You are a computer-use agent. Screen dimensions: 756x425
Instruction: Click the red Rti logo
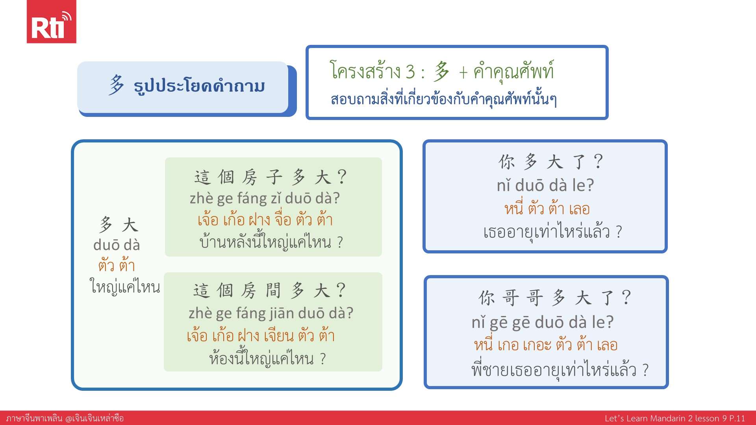pyautogui.click(x=51, y=22)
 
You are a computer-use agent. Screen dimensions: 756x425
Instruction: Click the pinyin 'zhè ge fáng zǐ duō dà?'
pyautogui.click(x=265, y=198)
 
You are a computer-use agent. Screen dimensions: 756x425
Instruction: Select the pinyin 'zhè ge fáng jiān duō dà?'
pyautogui.click(x=271, y=313)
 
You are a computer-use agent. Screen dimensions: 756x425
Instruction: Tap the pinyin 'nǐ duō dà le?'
pyautogui.click(x=545, y=185)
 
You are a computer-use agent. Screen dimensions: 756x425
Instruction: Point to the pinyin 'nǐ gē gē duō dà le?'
pyautogui.click(x=543, y=322)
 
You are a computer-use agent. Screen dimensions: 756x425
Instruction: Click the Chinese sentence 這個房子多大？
pyautogui.click(x=271, y=177)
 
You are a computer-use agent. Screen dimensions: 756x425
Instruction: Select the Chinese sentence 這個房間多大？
pyautogui.click(x=270, y=290)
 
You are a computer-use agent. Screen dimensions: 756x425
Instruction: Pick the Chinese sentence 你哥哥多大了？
pyautogui.click(x=555, y=297)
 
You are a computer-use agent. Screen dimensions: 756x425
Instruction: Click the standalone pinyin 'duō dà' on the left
pyautogui.click(x=117, y=245)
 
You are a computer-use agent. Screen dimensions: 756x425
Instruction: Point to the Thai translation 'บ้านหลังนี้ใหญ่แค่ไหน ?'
pyautogui.click(x=271, y=241)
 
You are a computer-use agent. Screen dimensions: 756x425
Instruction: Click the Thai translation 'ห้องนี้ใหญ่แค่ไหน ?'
pyautogui.click(x=268, y=358)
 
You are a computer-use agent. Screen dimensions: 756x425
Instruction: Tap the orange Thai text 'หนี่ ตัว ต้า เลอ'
pyautogui.click(x=547, y=208)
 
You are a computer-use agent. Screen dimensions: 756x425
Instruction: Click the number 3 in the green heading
pyautogui.click(x=410, y=72)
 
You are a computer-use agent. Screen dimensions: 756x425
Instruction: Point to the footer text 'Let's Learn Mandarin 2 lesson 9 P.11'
pyautogui.click(x=675, y=418)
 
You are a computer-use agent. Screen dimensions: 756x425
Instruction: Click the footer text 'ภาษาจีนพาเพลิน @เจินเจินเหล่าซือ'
pyautogui.click(x=65, y=418)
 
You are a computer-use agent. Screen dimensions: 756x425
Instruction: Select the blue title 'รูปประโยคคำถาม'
pyautogui.click(x=199, y=86)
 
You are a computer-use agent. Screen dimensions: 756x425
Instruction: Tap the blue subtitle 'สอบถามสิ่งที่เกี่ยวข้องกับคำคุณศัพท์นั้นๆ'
pyautogui.click(x=444, y=99)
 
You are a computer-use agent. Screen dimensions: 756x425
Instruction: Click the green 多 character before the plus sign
pyautogui.click(x=442, y=72)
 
